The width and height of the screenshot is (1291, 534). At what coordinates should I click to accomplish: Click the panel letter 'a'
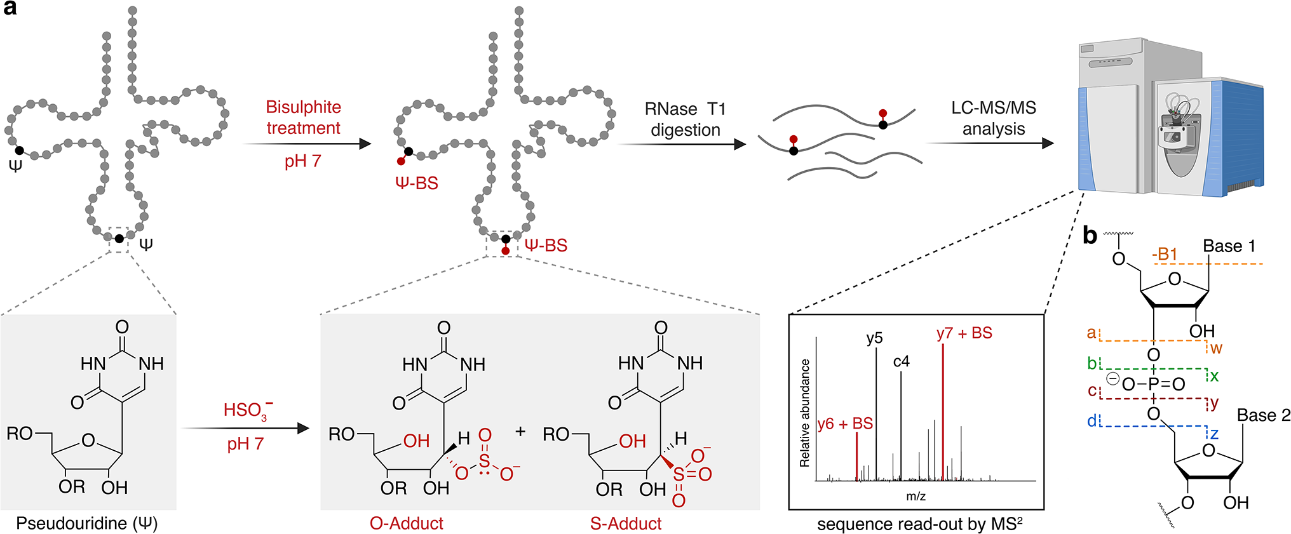tap(10, 9)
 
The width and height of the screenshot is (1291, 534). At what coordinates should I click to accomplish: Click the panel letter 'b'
tap(1090, 236)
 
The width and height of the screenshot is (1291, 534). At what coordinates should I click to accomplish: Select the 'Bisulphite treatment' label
tap(303, 117)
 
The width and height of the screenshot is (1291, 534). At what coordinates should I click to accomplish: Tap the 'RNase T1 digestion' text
tap(685, 119)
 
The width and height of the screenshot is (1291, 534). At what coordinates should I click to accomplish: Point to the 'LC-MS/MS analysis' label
tap(993, 118)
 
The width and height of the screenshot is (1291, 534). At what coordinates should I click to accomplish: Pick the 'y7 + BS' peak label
tap(964, 333)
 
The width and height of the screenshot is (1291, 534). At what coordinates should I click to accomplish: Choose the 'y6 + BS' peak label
tap(845, 424)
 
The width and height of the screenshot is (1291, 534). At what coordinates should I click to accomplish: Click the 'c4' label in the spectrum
tap(901, 361)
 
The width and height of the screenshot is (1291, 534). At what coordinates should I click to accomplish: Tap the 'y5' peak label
tap(874, 338)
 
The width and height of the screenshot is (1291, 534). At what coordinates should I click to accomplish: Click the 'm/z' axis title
tap(916, 496)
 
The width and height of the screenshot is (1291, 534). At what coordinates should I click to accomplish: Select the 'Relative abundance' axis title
tap(805, 413)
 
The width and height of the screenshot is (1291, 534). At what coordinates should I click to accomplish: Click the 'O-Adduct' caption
tap(406, 523)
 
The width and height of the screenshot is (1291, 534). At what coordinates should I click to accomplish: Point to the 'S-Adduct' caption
tap(626, 523)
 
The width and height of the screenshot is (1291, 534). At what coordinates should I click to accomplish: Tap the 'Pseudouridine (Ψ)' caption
tap(87, 523)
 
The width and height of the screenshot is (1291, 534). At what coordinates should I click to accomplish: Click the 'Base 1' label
tap(1229, 246)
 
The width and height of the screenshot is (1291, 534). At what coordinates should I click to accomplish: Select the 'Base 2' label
tap(1263, 415)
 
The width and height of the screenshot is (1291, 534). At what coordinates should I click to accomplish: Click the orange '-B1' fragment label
tap(1165, 254)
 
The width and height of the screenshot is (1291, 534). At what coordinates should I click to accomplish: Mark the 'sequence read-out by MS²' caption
tap(919, 524)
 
